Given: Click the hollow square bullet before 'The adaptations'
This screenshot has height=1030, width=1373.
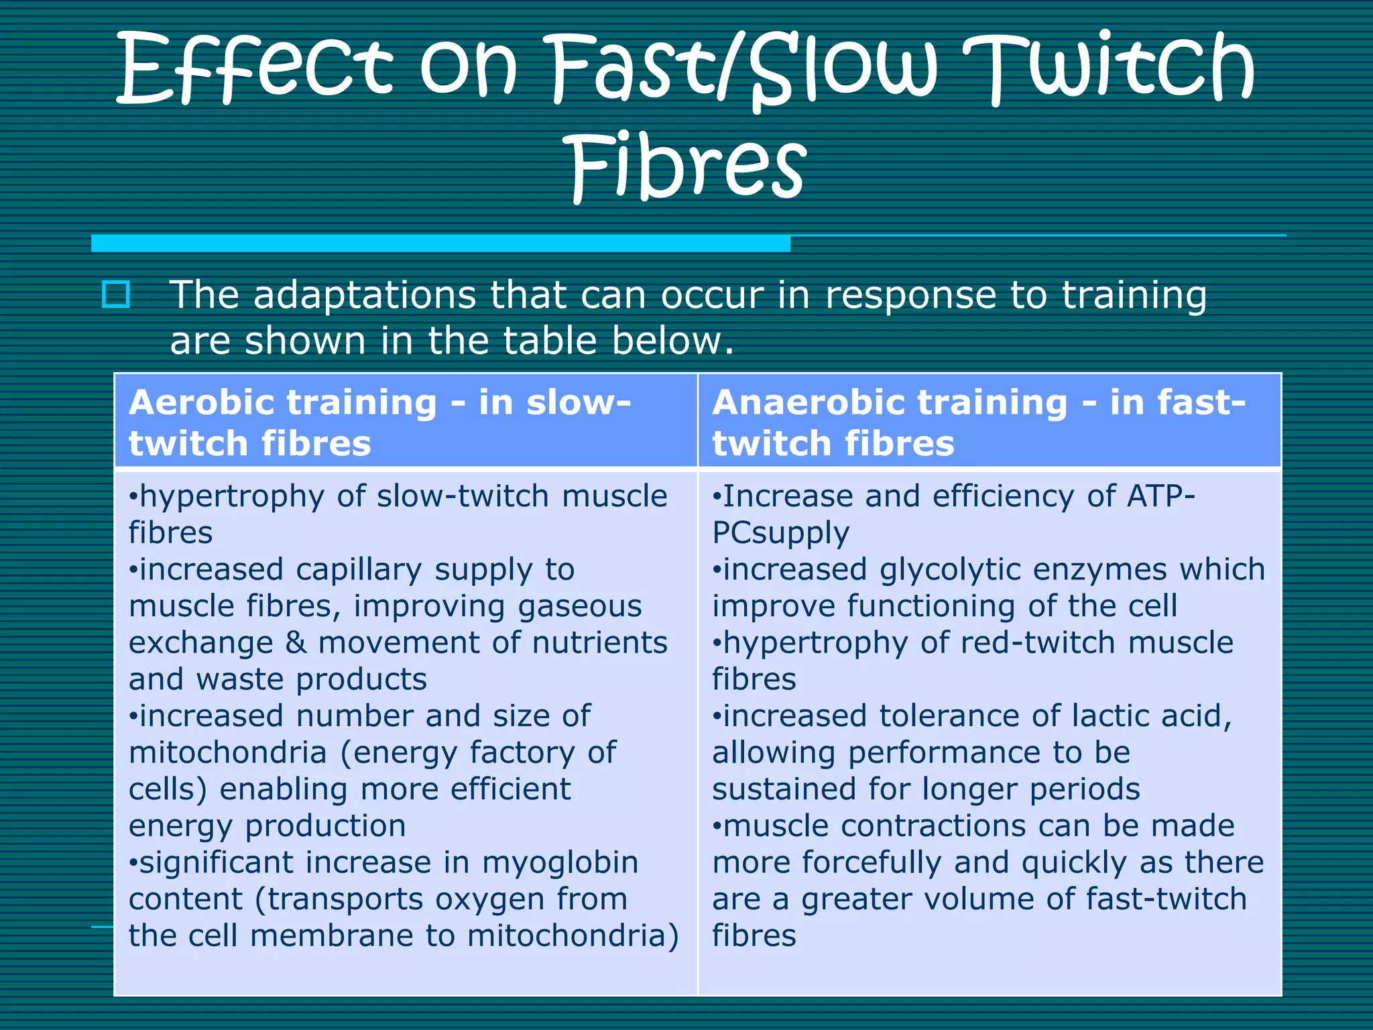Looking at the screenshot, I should (115, 294).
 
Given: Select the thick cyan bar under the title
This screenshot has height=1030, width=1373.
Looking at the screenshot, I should (440, 243).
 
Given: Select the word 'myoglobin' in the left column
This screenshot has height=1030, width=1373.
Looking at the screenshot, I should (560, 863).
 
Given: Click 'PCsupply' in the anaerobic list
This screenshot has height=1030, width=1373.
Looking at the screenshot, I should (780, 533).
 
